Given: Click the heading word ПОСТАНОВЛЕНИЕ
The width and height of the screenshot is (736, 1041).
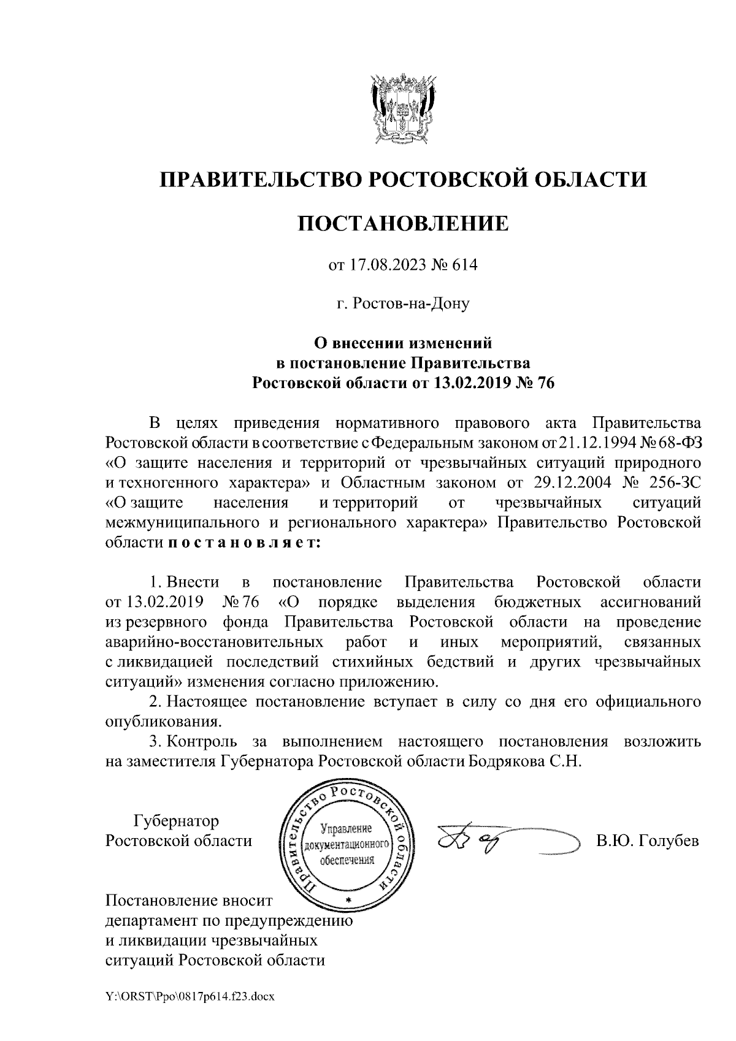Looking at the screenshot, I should click(403, 223).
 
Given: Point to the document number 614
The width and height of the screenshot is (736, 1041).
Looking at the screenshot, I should click(464, 265).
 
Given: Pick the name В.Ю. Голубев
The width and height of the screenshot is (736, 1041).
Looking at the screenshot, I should click(647, 841).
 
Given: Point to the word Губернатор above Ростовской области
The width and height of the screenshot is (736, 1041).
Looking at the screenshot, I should click(176, 820).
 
